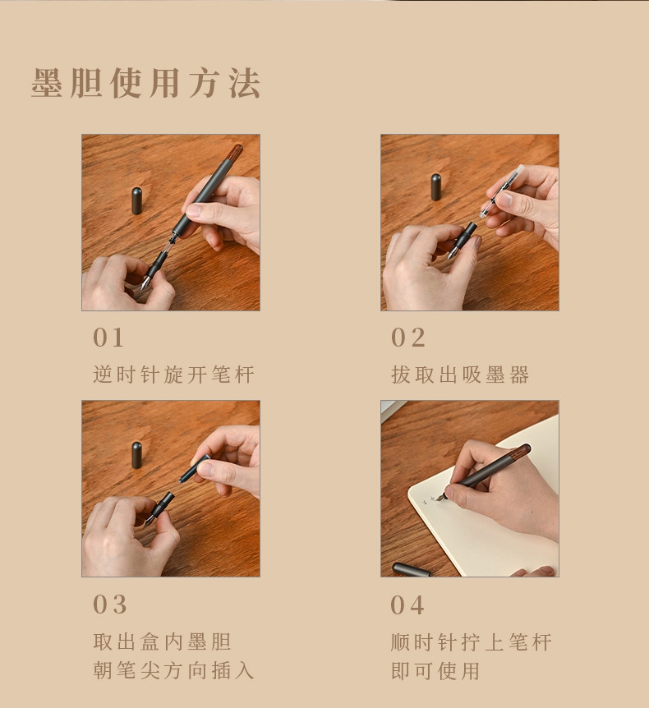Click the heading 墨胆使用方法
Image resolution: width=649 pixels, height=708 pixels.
tap(145, 83)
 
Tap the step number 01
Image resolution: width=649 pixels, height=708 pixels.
tap(108, 338)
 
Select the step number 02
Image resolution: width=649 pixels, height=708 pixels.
tap(407, 338)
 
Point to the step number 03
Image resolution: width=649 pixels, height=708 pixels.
tap(110, 605)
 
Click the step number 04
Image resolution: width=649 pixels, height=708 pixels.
tap(407, 605)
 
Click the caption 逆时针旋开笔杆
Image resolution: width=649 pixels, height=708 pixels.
tap(174, 375)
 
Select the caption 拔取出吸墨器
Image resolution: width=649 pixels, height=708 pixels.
tap(460, 375)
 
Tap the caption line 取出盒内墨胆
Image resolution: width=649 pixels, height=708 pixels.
tap(162, 641)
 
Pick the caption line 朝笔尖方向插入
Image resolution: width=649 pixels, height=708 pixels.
tap(174, 670)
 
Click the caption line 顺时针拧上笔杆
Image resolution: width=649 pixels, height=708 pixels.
tap(471, 642)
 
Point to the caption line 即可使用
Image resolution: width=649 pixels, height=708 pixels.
tap(435, 670)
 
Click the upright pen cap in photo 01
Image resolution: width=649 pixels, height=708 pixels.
tap(137, 200)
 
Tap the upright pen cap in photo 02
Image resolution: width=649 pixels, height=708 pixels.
tap(436, 187)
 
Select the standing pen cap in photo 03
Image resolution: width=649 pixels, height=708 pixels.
tap(137, 455)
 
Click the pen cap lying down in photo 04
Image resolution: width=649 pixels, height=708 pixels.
tap(411, 569)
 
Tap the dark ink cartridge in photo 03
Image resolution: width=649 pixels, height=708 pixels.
tap(194, 469)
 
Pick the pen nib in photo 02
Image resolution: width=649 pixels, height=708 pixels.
tap(452, 254)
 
